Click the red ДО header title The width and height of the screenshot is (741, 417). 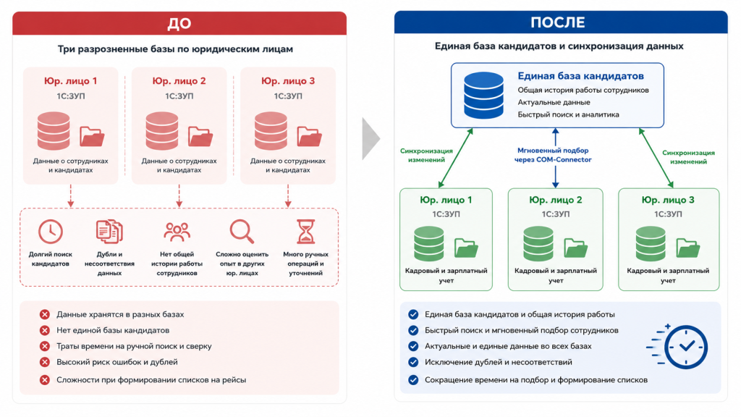coord(179,23)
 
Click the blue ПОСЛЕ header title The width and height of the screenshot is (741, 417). coord(558,22)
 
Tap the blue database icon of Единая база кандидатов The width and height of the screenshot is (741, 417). coord(483,95)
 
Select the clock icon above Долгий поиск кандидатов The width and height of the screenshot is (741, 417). coord(51,232)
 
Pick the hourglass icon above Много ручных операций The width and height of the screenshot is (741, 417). coord(306,231)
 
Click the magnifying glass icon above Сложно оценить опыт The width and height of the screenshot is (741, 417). coord(242,231)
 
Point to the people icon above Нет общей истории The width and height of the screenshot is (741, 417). coord(177,232)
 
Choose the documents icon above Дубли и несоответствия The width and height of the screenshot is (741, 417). coord(109,231)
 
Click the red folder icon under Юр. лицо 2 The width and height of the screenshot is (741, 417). coord(200,136)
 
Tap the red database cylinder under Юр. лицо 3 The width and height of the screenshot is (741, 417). coord(271,130)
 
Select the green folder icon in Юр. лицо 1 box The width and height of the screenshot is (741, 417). coord(467,248)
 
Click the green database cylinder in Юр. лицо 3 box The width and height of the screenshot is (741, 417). coord(651,243)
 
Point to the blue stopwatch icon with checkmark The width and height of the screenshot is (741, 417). coord(678,347)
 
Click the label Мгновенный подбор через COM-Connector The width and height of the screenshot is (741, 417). coord(553,155)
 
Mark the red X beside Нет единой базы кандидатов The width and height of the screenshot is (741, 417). coord(45,330)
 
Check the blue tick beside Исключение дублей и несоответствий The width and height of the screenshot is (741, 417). coord(413,362)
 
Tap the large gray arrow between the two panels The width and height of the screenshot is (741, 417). coord(371,139)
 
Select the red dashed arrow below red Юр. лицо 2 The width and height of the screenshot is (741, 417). coord(179,195)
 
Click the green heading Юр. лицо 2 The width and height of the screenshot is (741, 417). coord(555,200)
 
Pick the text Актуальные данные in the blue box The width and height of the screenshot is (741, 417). coord(554,102)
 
